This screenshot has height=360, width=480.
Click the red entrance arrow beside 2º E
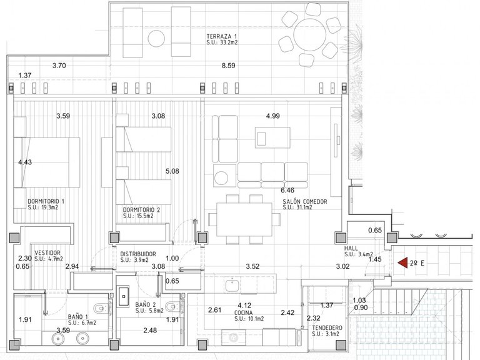point(403,262)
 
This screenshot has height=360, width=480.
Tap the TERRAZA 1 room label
point(222,36)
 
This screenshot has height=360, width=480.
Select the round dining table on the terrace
point(309,34)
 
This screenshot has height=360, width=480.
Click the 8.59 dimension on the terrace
point(228,66)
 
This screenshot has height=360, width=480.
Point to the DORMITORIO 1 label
point(46,201)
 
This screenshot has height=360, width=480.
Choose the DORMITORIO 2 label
point(141,210)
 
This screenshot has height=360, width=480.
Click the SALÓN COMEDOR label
point(305,202)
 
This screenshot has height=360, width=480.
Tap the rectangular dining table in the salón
point(244,219)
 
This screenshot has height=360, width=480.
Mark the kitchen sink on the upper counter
point(232,286)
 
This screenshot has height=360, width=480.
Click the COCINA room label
point(244,313)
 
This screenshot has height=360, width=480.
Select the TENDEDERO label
point(327,328)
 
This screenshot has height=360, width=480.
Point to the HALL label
point(351,248)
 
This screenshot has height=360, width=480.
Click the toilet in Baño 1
point(101,308)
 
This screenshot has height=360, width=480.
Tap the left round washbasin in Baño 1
point(57,338)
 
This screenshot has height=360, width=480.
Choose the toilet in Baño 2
point(172,306)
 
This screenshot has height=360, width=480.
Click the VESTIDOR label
point(47,253)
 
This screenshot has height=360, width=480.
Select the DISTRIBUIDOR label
point(137,254)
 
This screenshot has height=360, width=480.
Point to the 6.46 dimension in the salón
point(287,190)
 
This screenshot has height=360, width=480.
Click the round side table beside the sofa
point(221,178)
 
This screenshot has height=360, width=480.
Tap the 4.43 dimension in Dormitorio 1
point(25,162)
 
